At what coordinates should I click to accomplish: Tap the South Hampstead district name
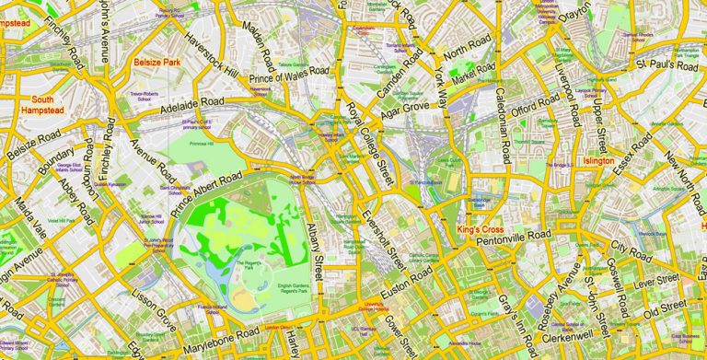(42, 106)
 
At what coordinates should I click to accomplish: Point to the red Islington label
(598, 160)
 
